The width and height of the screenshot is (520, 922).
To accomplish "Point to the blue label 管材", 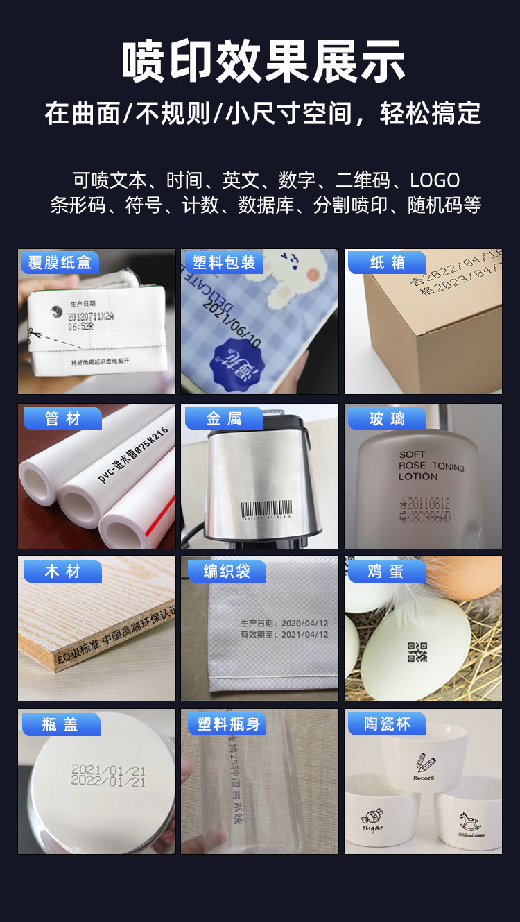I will (62, 419).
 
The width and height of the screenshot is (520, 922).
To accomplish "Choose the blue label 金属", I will (224, 419).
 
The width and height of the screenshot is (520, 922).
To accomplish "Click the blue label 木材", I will (62, 572).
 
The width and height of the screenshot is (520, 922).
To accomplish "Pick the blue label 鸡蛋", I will (385, 572).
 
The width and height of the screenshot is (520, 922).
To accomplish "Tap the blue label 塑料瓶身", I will (228, 725).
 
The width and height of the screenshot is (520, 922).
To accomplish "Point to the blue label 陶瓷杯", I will (387, 725).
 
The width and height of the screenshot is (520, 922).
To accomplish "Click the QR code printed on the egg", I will (417, 652).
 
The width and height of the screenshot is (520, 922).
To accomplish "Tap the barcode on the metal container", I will (266, 507).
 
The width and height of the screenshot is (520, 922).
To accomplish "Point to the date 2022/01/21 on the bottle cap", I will (109, 782).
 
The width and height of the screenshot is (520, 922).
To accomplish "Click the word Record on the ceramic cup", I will (424, 778).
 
